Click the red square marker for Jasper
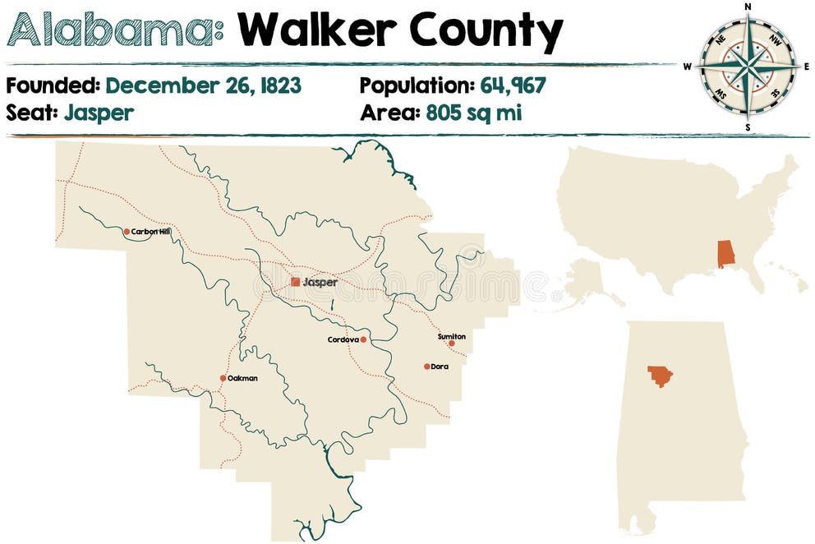tap(296, 282)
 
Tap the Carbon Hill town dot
tap(127, 232)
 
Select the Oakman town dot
tap(223, 378)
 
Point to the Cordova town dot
tap(363, 339)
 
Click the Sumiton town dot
tap(451, 343)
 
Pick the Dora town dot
tap(426, 367)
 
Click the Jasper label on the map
tap(320, 282)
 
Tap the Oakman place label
tap(243, 378)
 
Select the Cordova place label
tap(343, 339)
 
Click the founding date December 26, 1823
tap(203, 85)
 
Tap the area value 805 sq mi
tap(473, 113)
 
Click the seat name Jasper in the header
tap(97, 113)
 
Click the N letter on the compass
tap(748, 7)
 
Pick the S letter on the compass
tap(748, 127)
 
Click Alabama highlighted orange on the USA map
tap(725, 254)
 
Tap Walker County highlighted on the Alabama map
tap(660, 376)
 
